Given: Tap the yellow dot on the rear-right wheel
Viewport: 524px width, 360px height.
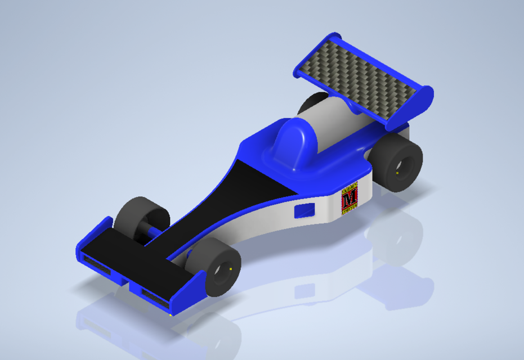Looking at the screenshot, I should click(x=397, y=173).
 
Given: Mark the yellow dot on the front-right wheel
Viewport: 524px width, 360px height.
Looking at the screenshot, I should click(x=231, y=269).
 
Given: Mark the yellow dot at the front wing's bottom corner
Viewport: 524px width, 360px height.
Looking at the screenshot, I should click(x=170, y=315).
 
